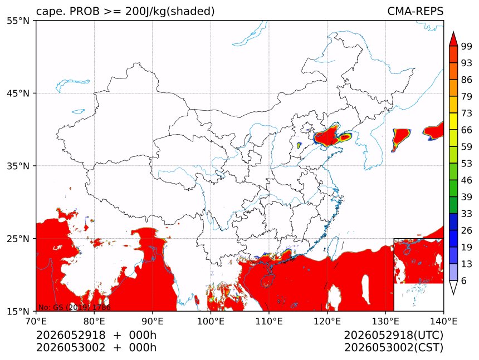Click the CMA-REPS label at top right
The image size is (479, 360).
click(415, 11)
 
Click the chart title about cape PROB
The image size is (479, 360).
click(125, 11)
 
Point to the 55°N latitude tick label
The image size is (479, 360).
click(18, 21)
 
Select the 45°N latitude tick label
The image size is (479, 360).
click(18, 93)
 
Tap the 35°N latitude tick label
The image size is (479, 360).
click(18, 166)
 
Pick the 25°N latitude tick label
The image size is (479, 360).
click(18, 239)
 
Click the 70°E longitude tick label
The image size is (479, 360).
click(36, 321)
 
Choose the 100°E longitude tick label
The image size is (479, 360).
click(211, 321)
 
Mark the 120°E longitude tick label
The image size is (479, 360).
click(327, 321)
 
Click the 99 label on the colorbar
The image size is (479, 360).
click(467, 47)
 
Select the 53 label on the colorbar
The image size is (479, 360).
click(467, 164)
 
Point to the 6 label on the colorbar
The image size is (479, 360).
click(464, 281)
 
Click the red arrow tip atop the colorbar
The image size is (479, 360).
click(453, 32)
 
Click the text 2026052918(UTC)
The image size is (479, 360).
click(393, 336)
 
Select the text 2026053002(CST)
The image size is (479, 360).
click(393, 348)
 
